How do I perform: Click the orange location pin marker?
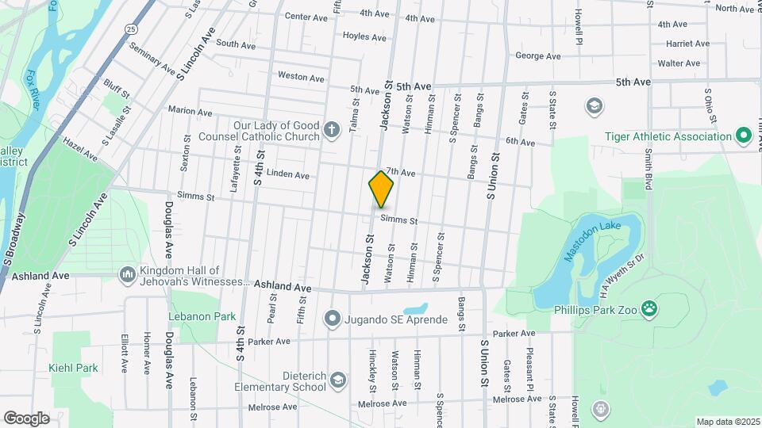coord(381,189)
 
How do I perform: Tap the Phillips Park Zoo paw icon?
coord(649,308)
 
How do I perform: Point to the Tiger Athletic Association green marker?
coord(744,136)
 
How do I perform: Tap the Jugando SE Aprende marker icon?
coord(333,319)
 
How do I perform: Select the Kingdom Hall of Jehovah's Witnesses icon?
coord(127,274)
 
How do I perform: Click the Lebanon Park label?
coord(202,316)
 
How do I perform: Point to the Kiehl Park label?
coord(72,368)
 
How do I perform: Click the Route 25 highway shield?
coord(130,29)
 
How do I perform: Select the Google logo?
coord(26,418)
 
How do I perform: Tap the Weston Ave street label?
coord(301,78)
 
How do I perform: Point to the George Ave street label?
coord(537,56)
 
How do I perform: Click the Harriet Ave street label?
coord(687,44)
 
